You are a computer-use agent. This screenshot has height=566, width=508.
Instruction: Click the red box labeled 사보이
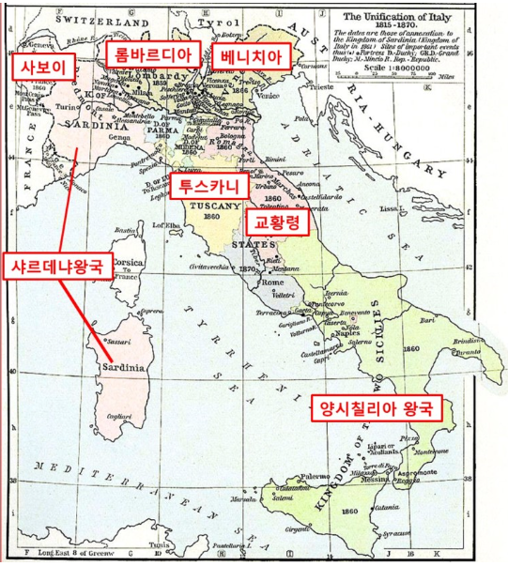(x=40, y=67)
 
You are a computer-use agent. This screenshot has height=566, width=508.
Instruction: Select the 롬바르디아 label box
(x=153, y=54)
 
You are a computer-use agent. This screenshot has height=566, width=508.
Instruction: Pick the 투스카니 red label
(x=208, y=186)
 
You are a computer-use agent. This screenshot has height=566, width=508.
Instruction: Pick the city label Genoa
(x=120, y=137)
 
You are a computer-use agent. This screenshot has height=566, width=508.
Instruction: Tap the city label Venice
(x=267, y=96)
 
